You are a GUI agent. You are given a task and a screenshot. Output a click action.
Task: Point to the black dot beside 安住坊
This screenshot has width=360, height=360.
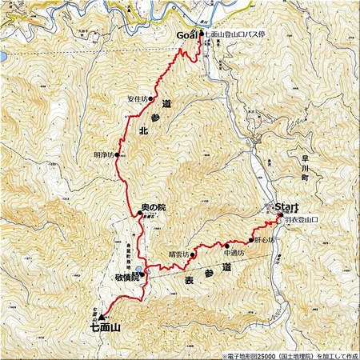pos(150,99)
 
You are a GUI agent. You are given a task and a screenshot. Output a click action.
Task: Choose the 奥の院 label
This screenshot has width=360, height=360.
pos(152,207)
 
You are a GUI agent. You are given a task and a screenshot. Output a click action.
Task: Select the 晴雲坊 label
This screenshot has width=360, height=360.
pos(179,255)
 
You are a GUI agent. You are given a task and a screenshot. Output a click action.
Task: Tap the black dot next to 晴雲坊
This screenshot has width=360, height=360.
pos(194,255)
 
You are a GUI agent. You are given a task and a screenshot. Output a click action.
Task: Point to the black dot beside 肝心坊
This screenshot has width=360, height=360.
pos(251,240)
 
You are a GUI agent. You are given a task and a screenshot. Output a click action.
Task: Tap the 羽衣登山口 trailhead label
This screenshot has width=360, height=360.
pos(302,219)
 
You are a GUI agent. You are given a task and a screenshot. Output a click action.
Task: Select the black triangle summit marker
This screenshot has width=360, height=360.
pos(102,316)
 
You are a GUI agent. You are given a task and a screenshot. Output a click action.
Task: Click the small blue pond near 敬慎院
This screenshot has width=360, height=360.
pos(138,270)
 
